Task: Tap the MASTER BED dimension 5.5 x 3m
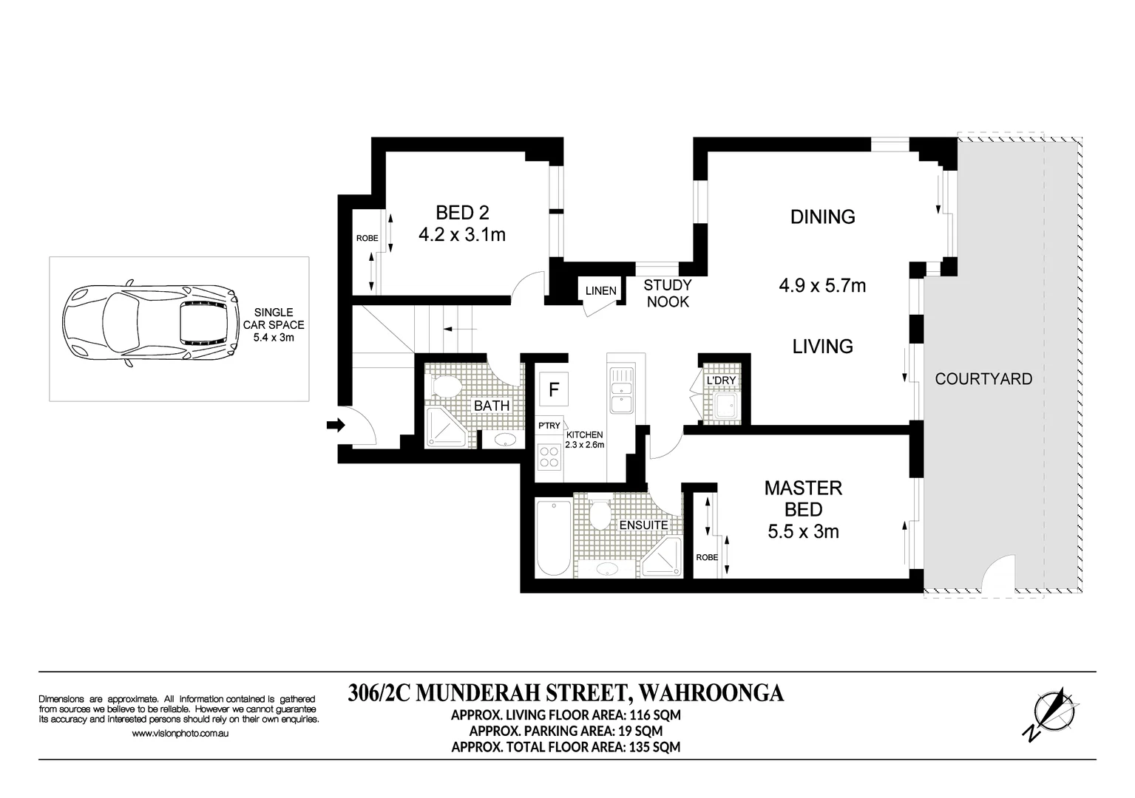tap(803, 531)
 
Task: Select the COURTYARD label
tap(983, 379)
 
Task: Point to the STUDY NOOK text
tap(667, 293)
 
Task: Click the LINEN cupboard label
tap(600, 290)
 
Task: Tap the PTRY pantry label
tap(549, 426)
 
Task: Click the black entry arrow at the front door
tap(336, 425)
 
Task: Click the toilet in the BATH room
tap(446, 385)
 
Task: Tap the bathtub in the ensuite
tap(553, 539)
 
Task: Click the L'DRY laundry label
tap(720, 381)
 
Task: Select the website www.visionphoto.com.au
tap(180, 734)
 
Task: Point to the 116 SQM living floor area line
tap(566, 715)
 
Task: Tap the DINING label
tap(822, 216)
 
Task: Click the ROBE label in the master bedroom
tap(706, 557)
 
